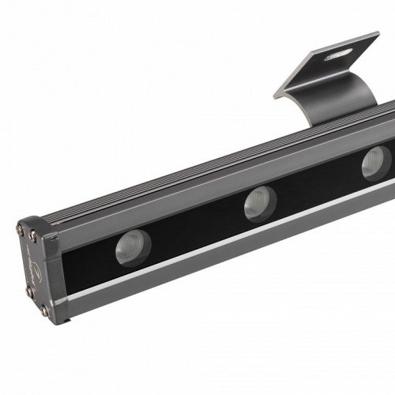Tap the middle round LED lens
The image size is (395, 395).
tap(255, 204)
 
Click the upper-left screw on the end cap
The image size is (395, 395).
tap(21, 229)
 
